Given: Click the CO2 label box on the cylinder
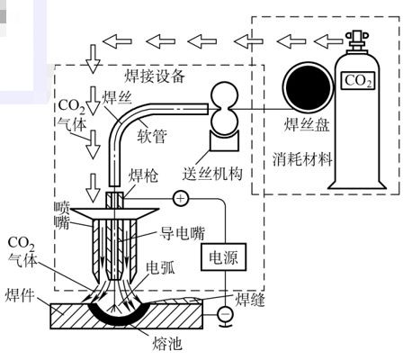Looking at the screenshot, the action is (x=358, y=81).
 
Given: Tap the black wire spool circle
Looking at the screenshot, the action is (x=309, y=87).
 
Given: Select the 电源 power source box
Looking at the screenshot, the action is (x=223, y=257).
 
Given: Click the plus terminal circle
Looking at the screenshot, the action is (x=181, y=198).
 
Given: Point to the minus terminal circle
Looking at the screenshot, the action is (x=225, y=314).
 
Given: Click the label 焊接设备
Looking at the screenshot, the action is (x=155, y=76).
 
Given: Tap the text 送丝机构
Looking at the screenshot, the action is (x=212, y=174).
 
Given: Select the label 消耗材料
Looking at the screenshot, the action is (x=302, y=159).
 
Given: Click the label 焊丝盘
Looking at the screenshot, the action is (x=307, y=124).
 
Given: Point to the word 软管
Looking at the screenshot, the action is (x=152, y=136).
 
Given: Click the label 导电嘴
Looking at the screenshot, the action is (x=182, y=233).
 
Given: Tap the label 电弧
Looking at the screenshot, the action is (x=160, y=268).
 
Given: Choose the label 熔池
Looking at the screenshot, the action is (x=167, y=344).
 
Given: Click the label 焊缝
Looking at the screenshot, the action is (x=250, y=300).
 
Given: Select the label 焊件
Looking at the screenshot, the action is (x=20, y=295).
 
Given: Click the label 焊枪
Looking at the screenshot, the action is (x=143, y=175).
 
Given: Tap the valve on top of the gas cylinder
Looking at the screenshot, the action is (x=357, y=40).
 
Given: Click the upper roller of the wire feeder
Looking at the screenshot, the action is (x=225, y=94).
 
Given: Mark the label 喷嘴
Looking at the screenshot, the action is (x=62, y=215).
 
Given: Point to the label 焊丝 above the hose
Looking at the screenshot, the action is (x=117, y=97).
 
